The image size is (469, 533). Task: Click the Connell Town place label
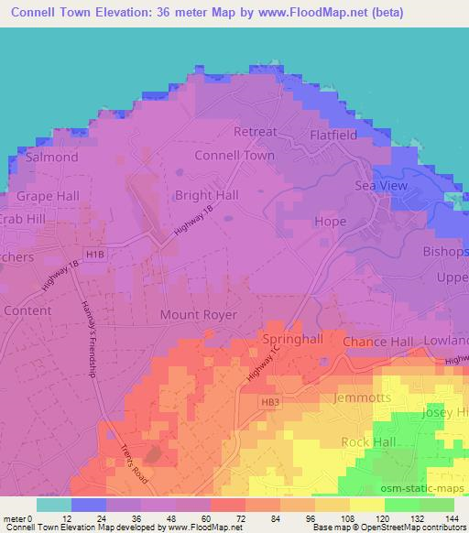coord(234,156)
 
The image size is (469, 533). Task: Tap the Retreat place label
coord(255,132)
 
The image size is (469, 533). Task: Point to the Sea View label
coord(380,186)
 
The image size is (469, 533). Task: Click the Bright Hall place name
coord(206,195)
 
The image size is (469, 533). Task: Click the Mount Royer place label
coord(199,315)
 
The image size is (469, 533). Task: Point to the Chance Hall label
coord(378,342)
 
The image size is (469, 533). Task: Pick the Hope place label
coord(330,222)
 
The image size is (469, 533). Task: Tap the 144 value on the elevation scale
coord(453,517)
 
